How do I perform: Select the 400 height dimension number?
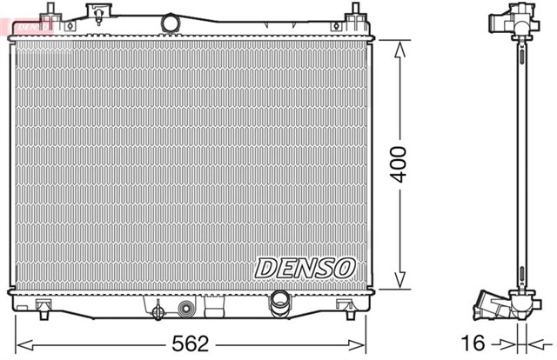click(399, 163)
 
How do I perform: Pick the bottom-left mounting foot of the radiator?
click(43, 305)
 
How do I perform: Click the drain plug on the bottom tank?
click(158, 311)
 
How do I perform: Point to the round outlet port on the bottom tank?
click(280, 301)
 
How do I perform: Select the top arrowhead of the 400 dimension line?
click(399, 47)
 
